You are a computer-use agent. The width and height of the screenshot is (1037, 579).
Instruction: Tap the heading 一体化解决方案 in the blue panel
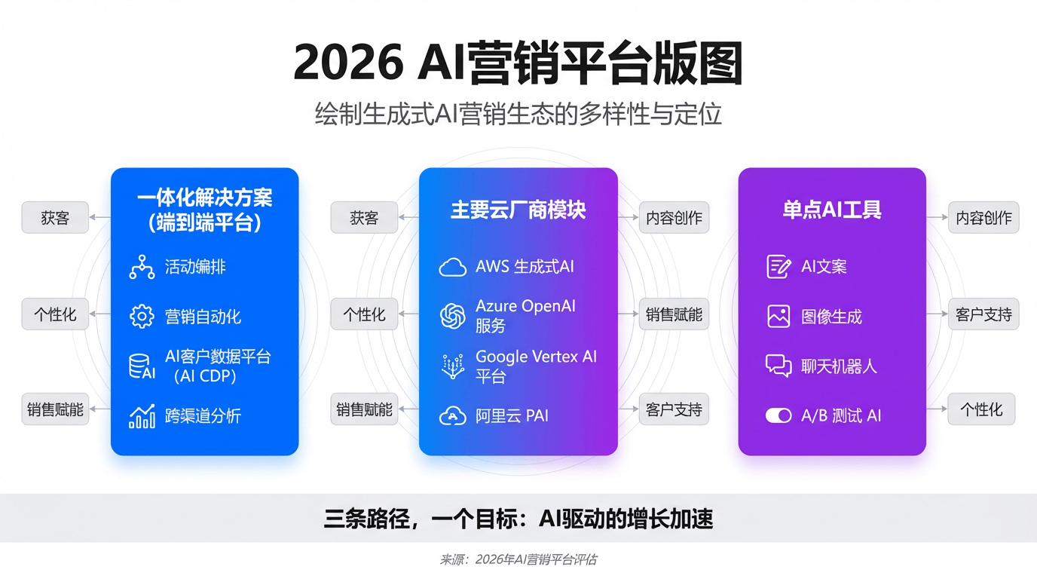pyautogui.click(x=205, y=198)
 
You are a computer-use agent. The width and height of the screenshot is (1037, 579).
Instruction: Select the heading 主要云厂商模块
pyautogui.click(x=518, y=210)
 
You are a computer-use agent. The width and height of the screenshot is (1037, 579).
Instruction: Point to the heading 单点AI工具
pyautogui.click(x=832, y=210)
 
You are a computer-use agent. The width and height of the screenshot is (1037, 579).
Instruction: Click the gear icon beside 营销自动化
pyautogui.click(x=142, y=317)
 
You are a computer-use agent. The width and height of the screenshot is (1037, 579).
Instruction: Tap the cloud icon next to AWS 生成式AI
pyautogui.click(x=452, y=268)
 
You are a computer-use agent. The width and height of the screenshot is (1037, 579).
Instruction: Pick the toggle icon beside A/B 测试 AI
pyautogui.click(x=779, y=415)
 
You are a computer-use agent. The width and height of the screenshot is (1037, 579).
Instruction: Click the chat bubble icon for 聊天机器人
pyautogui.click(x=779, y=366)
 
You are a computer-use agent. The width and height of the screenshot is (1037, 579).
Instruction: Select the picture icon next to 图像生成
pyautogui.click(x=779, y=317)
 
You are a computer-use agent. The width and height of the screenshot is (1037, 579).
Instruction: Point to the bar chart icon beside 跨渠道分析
pyautogui.click(x=142, y=416)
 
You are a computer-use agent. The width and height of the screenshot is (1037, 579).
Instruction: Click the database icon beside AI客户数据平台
pyautogui.click(x=142, y=366)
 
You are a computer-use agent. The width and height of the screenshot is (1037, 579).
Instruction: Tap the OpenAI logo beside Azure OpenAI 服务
pyautogui.click(x=452, y=316)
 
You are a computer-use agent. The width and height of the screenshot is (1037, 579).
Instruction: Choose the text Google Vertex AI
pyautogui.click(x=536, y=357)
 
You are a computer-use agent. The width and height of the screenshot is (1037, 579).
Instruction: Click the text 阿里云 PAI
pyautogui.click(x=512, y=416)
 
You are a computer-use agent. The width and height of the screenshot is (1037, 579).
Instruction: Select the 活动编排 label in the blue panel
pyautogui.click(x=195, y=267)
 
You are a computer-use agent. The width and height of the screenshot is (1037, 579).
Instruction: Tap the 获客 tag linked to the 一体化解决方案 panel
pyautogui.click(x=55, y=217)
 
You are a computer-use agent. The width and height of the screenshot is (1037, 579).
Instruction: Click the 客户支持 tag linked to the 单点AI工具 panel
pyautogui.click(x=983, y=314)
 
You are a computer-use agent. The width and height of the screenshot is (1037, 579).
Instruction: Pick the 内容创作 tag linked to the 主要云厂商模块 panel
pyautogui.click(x=674, y=217)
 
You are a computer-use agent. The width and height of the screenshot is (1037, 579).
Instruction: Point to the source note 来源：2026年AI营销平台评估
pyautogui.click(x=518, y=559)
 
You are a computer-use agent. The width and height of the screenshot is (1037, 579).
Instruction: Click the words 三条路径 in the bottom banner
pyautogui.click(x=367, y=519)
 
